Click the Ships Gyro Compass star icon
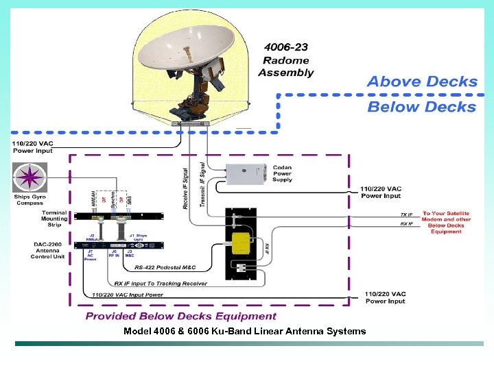(29, 177)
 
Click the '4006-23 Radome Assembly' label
(286, 60)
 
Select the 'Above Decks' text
(421, 82)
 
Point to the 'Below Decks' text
(421, 107)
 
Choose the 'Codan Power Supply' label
(282, 173)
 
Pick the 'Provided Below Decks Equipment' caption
(180, 317)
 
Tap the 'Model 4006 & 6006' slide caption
(244, 332)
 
